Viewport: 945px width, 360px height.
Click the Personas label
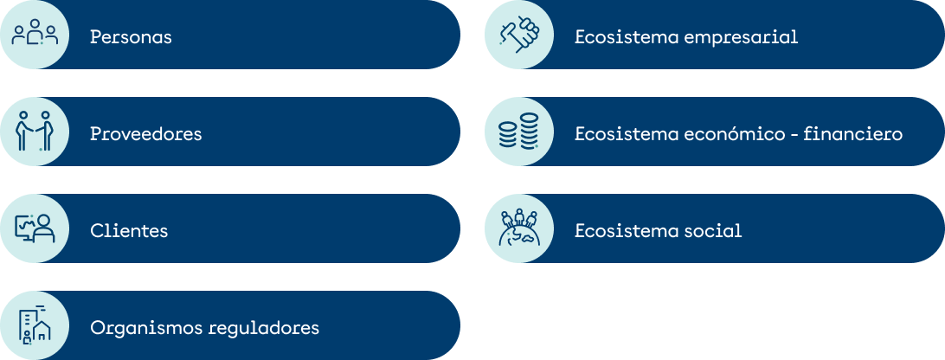point(131,38)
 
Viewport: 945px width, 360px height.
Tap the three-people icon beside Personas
point(35,35)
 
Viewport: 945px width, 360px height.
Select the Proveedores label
point(145,134)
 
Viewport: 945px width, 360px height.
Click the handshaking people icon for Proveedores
point(35,132)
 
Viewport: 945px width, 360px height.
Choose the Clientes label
point(129,231)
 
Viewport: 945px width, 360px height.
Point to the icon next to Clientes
point(35,228)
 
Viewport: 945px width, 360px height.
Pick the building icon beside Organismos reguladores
point(35,325)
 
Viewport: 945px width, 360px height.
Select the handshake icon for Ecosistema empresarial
point(519,35)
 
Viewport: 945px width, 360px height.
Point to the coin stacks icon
point(519,132)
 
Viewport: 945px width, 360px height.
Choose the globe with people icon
point(519,228)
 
